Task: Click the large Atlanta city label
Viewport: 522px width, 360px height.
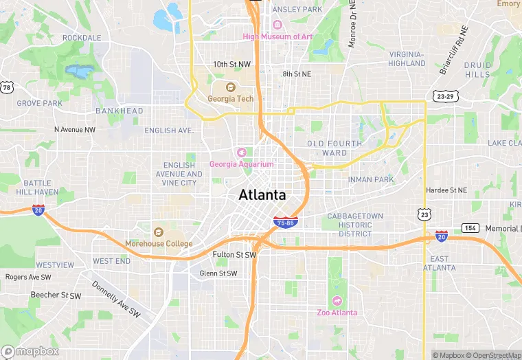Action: coord(262,194)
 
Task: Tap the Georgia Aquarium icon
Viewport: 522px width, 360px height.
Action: coord(241,153)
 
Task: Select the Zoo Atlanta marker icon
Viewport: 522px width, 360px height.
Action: coord(337,301)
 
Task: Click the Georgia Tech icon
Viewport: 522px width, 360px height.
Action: coord(231,87)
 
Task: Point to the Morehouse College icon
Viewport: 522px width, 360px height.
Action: coord(159,232)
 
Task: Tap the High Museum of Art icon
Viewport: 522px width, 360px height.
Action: coord(277,25)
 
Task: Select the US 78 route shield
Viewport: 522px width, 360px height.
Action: coord(7,87)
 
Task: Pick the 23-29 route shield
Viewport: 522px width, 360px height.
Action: coord(443,96)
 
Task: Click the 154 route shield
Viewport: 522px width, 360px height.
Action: coord(470,227)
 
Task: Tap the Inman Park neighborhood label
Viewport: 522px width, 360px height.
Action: coord(370,180)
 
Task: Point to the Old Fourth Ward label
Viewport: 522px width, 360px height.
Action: coord(334,148)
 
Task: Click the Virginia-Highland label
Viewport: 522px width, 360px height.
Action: coord(407,58)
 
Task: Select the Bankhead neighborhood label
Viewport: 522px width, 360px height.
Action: coord(120,111)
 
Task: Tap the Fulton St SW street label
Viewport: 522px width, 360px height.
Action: coord(234,255)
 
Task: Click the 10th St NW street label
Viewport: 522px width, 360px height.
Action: coord(231,64)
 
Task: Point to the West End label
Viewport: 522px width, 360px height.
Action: coord(111,261)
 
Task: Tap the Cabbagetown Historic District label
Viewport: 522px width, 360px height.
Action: coord(355,225)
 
